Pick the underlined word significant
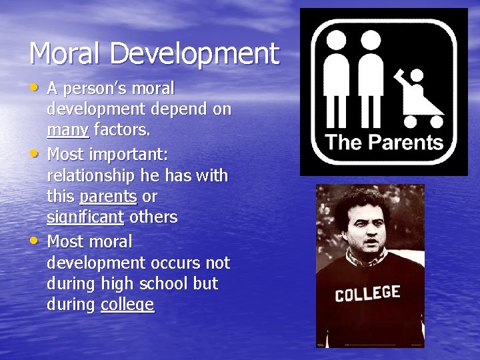click(85, 217)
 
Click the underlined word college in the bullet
click(127, 305)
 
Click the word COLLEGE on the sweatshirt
click(367, 294)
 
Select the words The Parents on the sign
click(385, 142)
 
